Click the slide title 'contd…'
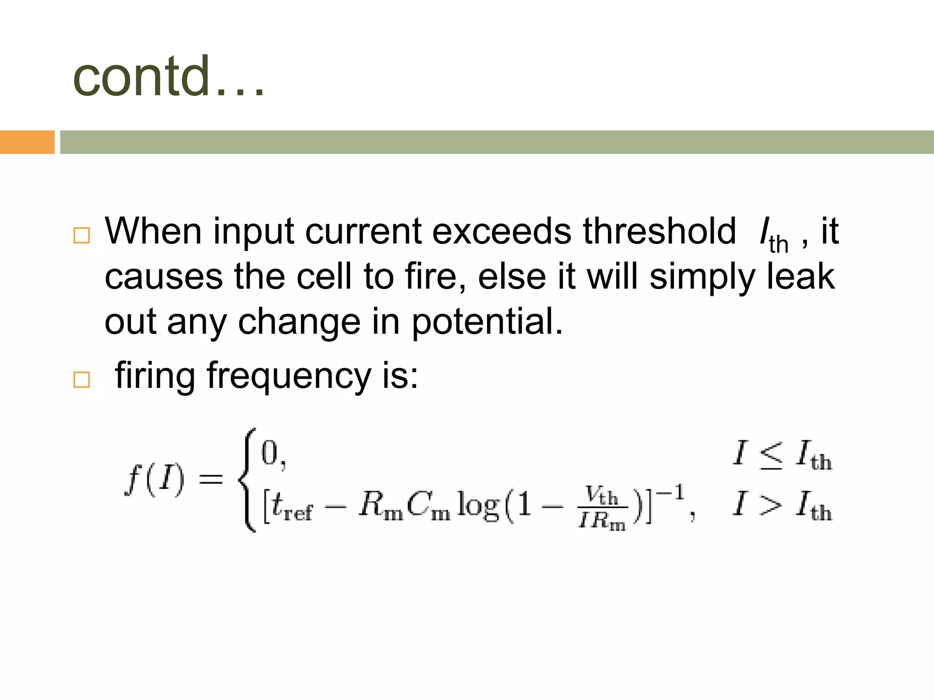pyautogui.click(x=168, y=77)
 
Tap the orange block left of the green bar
pyautogui.click(x=27, y=142)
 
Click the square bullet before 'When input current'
pyautogui.click(x=82, y=235)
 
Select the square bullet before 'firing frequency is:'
pyautogui.click(x=82, y=379)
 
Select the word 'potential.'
pyautogui.click(x=488, y=322)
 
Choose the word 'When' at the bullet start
pyautogui.click(x=153, y=231)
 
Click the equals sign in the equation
pyautogui.click(x=211, y=479)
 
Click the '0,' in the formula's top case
pyautogui.click(x=273, y=454)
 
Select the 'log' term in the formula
pyautogui.click(x=477, y=505)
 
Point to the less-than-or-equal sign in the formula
pyautogui.click(x=771, y=455)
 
